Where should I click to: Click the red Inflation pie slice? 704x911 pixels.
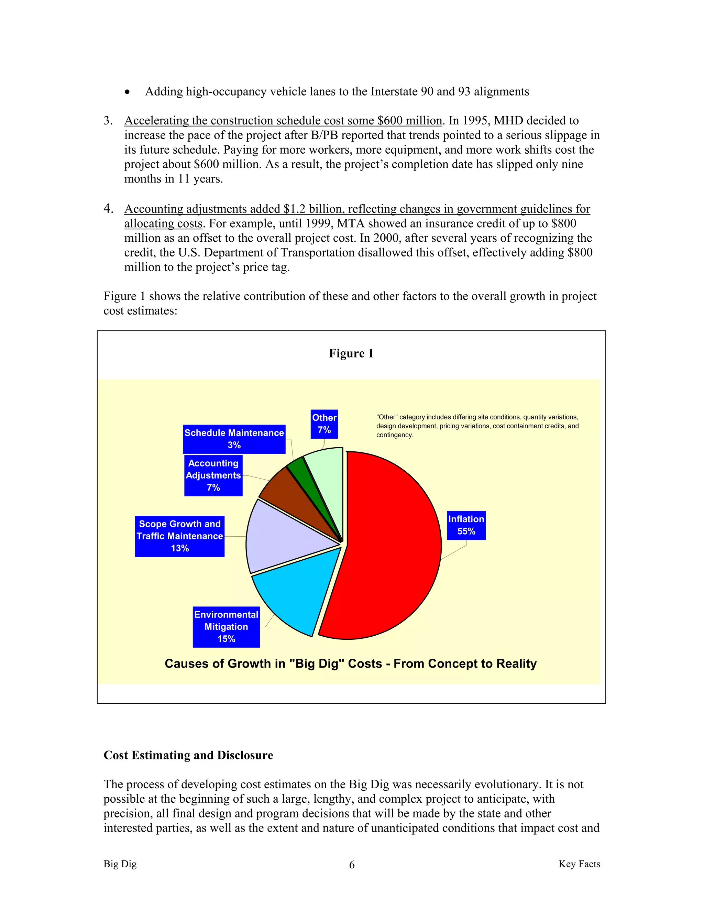pyautogui.click(x=392, y=547)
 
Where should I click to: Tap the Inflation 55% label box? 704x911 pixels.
pyautogui.click(x=466, y=525)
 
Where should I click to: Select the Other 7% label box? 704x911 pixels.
pyautogui.click(x=324, y=424)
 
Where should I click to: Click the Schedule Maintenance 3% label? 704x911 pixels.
pyautogui.click(x=234, y=439)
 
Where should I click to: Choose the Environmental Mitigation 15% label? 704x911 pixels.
pyautogui.click(x=226, y=626)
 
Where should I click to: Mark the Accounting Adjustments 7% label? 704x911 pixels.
pyautogui.click(x=213, y=475)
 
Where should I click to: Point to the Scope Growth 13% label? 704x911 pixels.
pyautogui.click(x=179, y=536)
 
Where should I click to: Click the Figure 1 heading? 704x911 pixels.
pyautogui.click(x=351, y=353)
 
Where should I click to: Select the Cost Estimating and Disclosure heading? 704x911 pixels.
pyautogui.click(x=188, y=755)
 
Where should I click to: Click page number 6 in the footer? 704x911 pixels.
pyautogui.click(x=352, y=865)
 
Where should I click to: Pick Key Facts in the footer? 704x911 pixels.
pyautogui.click(x=579, y=864)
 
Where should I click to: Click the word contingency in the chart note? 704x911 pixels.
pyautogui.click(x=394, y=435)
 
